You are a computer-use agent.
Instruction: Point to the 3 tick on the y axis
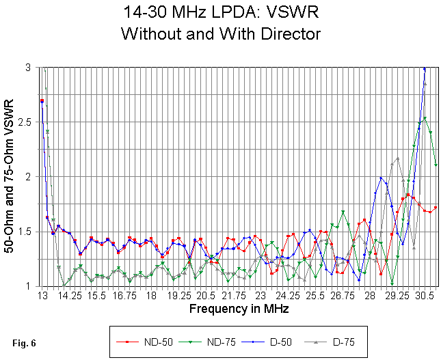pos(31,68)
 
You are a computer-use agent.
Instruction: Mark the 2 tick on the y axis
pos(31,177)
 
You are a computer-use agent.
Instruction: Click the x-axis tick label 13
pos(42,296)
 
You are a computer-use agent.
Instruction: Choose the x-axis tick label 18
pos(151,296)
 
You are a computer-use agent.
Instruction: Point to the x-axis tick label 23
pos(260,296)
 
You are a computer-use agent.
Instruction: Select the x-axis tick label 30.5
pos(425,296)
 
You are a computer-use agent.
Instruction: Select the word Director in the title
pos(291,32)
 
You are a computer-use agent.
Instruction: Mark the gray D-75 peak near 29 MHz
pos(397,158)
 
